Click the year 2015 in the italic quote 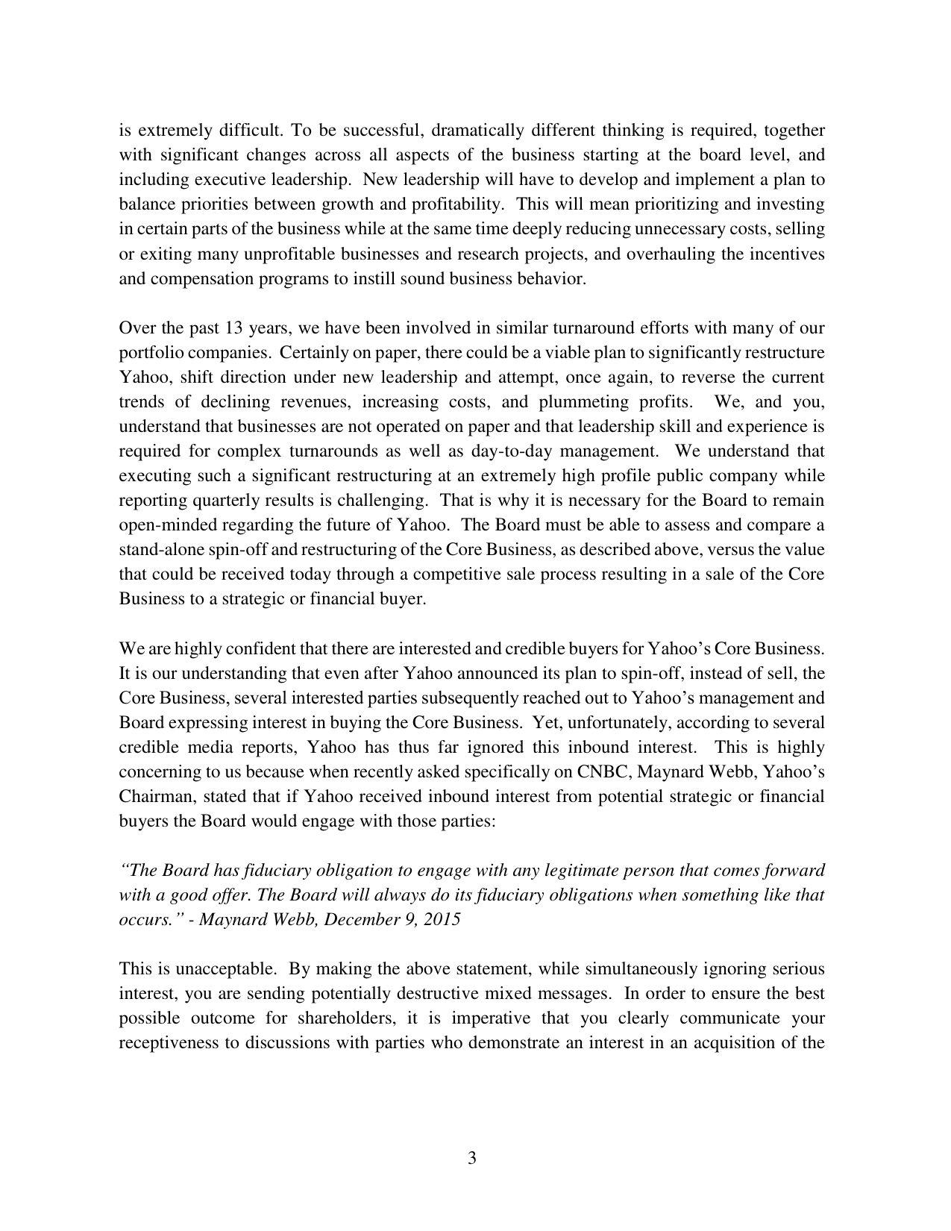[x=441, y=920]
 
